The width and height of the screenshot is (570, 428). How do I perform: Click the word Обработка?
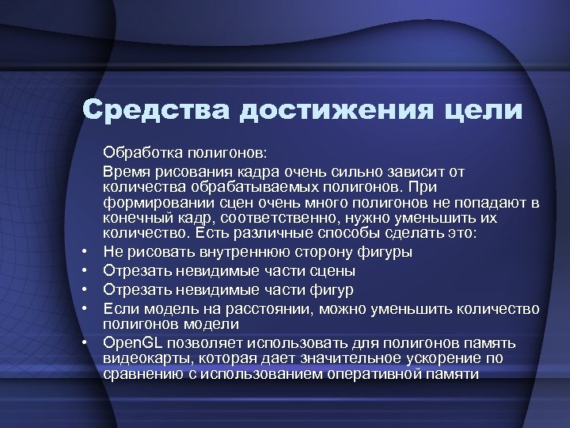coord(139,151)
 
